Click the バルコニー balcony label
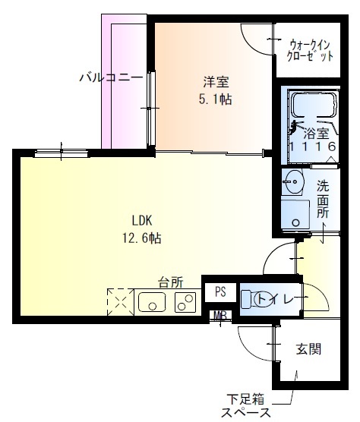pyautogui.click(x=111, y=77)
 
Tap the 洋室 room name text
pyautogui.click(x=216, y=80)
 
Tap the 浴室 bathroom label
pyautogui.click(x=311, y=131)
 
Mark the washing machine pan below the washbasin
pyautogui.click(x=294, y=215)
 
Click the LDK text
pyautogui.click(x=143, y=221)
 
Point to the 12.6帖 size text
pyautogui.click(x=143, y=238)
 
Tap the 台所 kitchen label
pyautogui.click(x=171, y=282)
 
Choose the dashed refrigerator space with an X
pyautogui.click(x=119, y=303)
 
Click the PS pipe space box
pyautogui.click(x=220, y=291)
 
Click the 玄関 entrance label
pyautogui.click(x=308, y=349)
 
